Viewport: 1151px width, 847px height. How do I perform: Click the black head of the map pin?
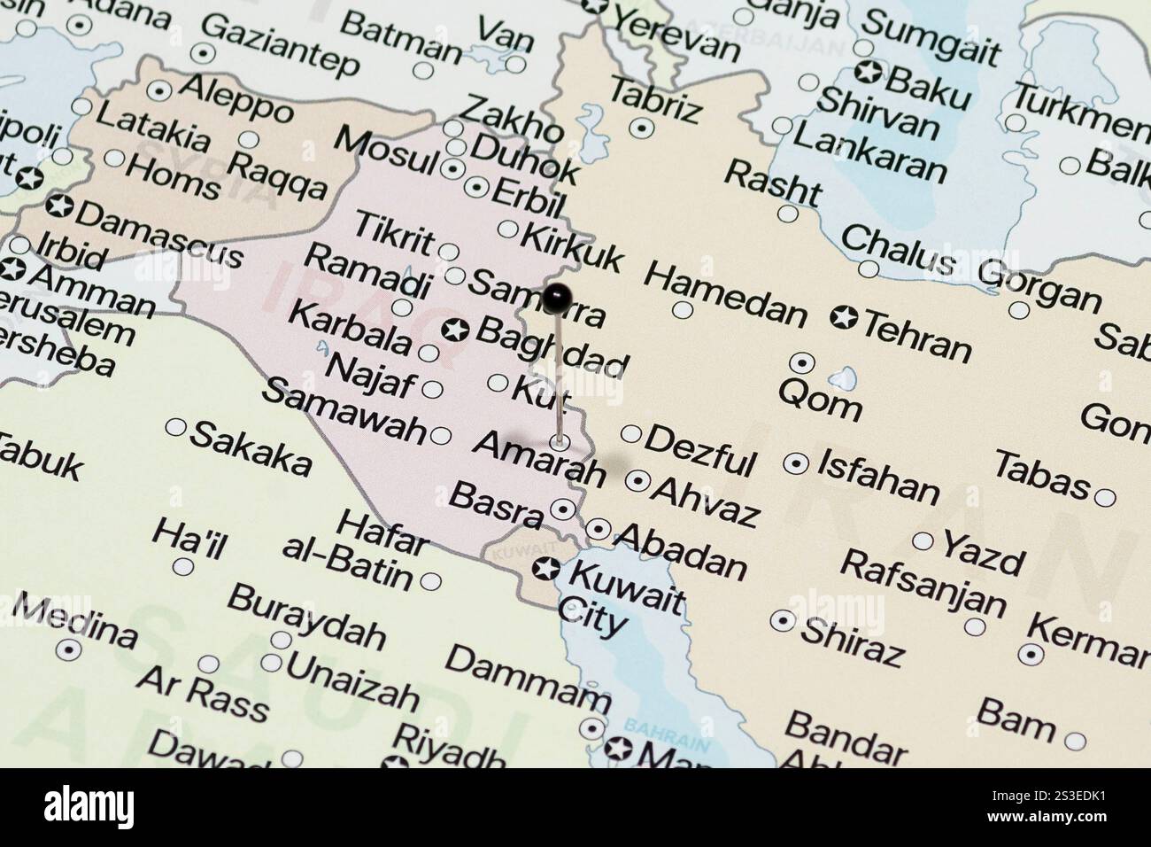pos(555,299)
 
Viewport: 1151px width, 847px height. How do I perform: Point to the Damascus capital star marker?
pos(60,206)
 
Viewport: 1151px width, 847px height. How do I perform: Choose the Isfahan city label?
pos(877,476)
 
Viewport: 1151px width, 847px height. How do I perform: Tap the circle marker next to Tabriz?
pos(643,128)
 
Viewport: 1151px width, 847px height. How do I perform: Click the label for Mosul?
pos(387,152)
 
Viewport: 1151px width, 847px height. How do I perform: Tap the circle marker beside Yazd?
pos(923,540)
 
